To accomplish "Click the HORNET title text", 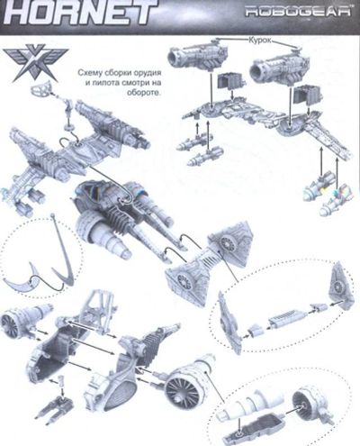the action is pos(78,13).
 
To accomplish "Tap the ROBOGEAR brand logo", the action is pos(298,12).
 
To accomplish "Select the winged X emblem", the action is pos(35,65).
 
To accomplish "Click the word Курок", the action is pos(260,41).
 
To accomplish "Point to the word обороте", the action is pos(144,93).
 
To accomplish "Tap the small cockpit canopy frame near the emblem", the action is pos(41,88).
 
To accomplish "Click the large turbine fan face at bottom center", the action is pos(181,390).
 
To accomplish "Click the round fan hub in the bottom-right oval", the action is pos(307,405).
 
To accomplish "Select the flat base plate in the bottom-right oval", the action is pos(252,425).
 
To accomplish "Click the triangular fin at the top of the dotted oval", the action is pos(339,282).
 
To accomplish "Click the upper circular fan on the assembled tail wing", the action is pos(226,242).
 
